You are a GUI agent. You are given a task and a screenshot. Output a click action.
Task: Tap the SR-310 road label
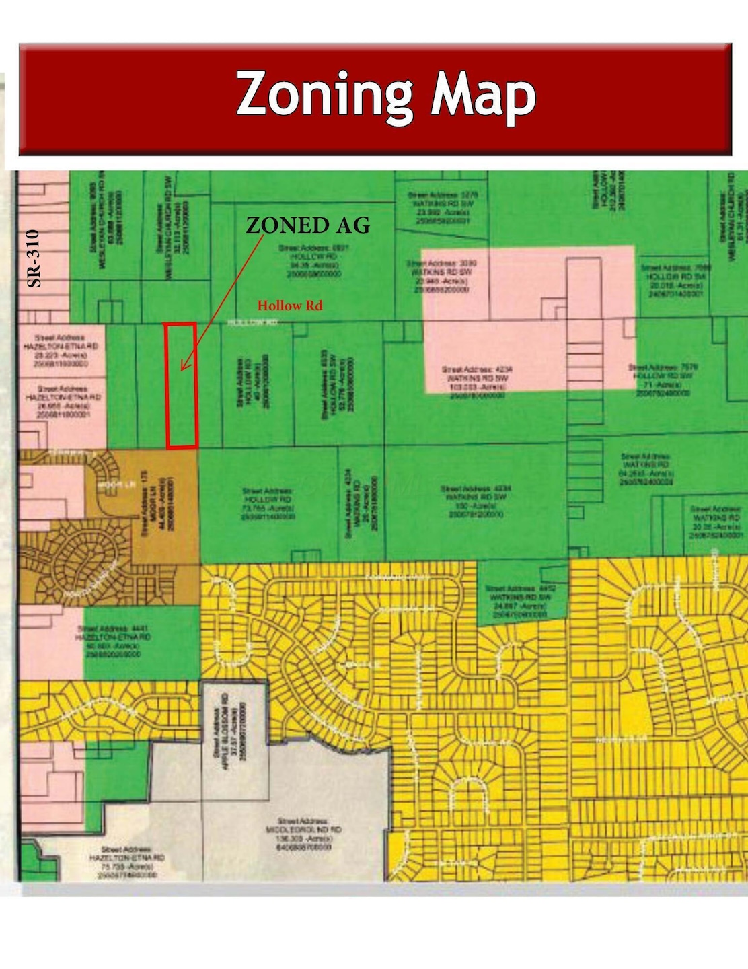pos(34,258)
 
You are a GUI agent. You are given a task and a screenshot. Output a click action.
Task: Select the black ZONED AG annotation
pos(307,225)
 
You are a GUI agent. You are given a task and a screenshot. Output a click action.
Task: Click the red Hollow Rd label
pos(289,306)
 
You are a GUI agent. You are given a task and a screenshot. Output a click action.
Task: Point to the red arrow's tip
pos(182,369)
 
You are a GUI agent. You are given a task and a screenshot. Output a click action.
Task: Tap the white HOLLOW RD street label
pos(252,323)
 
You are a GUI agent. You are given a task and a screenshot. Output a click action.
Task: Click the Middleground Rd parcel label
pos(303,834)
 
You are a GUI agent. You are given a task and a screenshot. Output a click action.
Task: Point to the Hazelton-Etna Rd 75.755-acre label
pos(126,862)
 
